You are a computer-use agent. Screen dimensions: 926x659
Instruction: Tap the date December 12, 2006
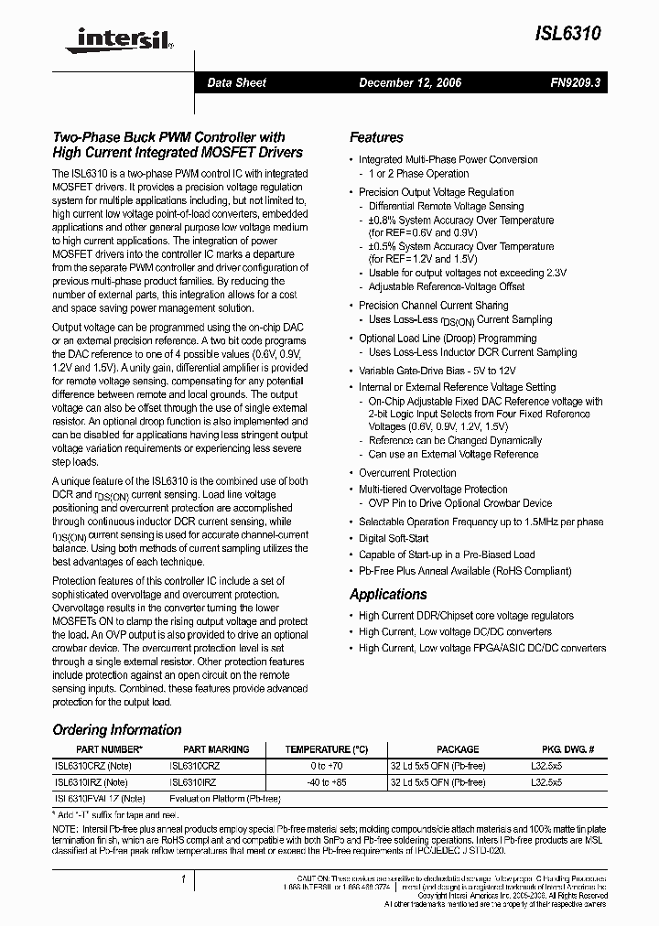coord(409,82)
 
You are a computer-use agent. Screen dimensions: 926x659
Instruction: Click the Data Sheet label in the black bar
coord(236,82)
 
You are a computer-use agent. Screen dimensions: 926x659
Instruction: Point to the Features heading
coord(376,137)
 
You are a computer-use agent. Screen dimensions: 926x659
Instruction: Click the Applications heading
coord(388,595)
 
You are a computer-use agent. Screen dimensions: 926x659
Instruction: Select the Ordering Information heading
coord(117,730)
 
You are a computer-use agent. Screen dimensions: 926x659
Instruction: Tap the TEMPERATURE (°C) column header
coord(326,748)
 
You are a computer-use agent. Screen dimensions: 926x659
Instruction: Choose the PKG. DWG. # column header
coord(561,748)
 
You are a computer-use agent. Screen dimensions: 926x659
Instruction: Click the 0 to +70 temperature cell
coord(326,765)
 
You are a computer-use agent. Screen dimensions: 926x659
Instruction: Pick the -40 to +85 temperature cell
coord(326,782)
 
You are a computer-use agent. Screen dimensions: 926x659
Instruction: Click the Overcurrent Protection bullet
coord(407,473)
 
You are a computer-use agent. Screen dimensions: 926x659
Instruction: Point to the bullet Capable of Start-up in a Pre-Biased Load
coord(447,555)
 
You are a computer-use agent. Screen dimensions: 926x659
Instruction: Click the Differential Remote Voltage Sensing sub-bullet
coord(446,206)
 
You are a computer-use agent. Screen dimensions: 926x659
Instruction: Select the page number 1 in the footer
coord(184,879)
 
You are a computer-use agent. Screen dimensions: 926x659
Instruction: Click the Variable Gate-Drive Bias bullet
coord(437,371)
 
